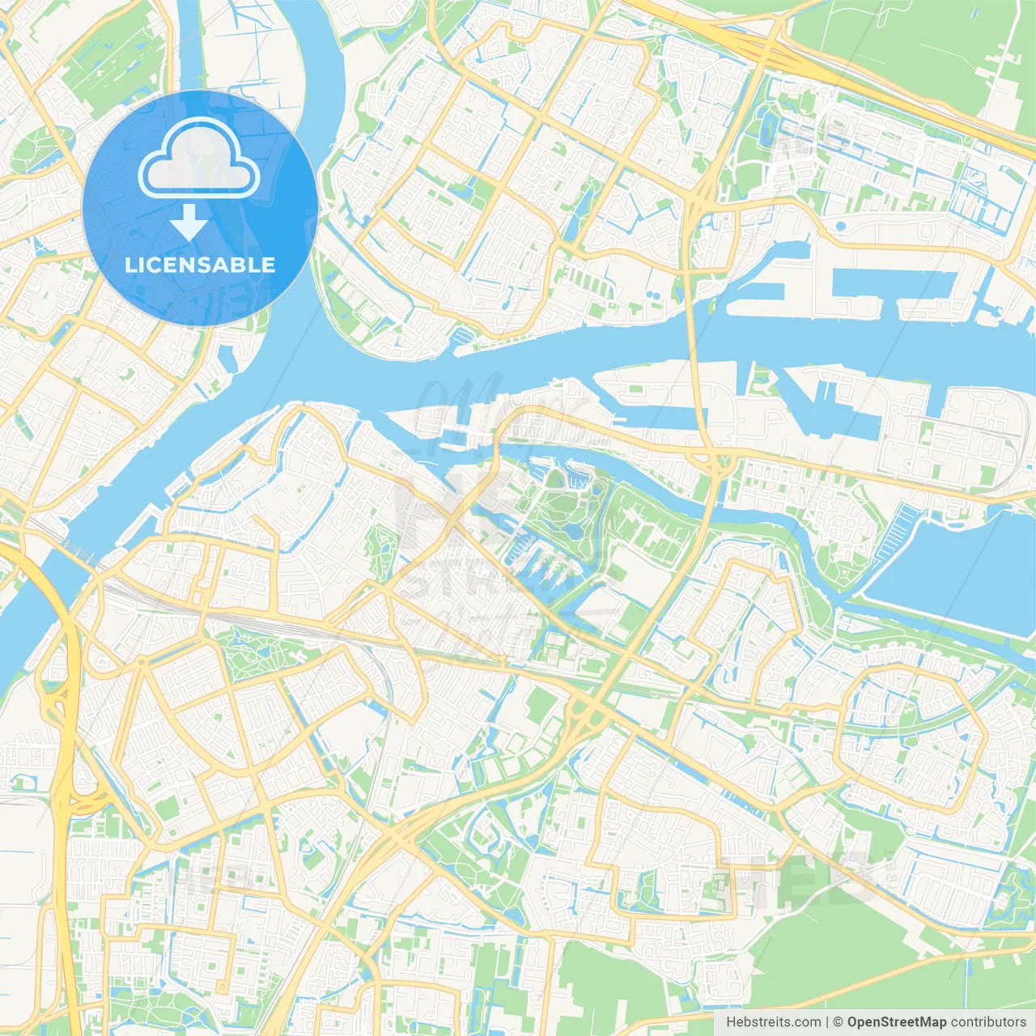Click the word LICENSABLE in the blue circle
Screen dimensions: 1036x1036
[x=200, y=265]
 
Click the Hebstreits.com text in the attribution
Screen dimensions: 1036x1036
[x=774, y=1022]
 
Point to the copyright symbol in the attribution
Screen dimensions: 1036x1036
[x=838, y=1022]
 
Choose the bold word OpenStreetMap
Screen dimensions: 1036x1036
[x=897, y=1022]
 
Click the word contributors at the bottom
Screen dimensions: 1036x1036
[x=988, y=1022]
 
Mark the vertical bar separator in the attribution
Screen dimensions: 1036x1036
[x=827, y=1022]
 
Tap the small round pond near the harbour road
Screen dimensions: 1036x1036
[x=840, y=226]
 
